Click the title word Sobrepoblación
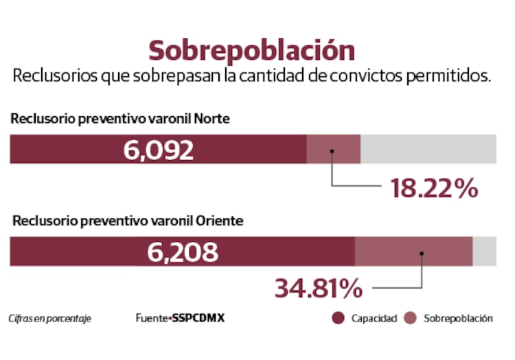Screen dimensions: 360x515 click(x=252, y=51)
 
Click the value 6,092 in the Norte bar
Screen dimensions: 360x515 click(x=159, y=150)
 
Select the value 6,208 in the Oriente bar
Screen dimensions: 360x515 click(x=183, y=252)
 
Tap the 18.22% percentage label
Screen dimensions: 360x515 click(x=434, y=188)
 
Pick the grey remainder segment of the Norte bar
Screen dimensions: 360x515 click(x=428, y=149)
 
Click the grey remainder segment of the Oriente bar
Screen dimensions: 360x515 click(x=484, y=251)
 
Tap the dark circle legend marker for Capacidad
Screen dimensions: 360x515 click(x=337, y=318)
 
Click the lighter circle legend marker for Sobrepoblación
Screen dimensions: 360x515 click(x=410, y=318)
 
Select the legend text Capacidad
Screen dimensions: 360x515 click(x=374, y=319)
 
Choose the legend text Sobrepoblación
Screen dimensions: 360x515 click(x=458, y=319)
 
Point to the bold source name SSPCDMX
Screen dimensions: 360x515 click(x=198, y=319)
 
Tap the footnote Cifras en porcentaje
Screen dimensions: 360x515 click(x=49, y=319)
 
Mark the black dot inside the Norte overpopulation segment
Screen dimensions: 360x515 click(x=332, y=151)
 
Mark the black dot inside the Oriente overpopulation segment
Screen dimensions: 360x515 click(x=422, y=253)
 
